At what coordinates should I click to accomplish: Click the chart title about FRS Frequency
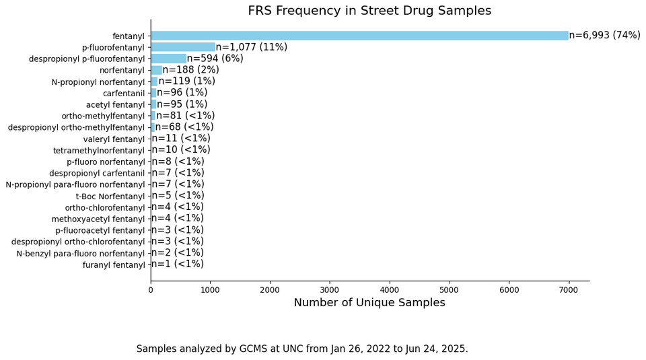coord(369,11)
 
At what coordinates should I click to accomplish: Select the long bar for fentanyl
coord(359,36)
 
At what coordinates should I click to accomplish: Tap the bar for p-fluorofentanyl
coord(182,47)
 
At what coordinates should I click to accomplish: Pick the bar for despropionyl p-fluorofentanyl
coord(168,59)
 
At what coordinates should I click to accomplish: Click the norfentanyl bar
coord(156,70)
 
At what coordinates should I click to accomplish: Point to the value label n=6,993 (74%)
coord(604,36)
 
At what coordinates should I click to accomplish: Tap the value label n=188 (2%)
coord(190,70)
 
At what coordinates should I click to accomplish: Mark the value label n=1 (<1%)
coord(177,264)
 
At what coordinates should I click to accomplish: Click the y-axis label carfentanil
coord(123,93)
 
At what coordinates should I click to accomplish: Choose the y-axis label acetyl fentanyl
coord(115,104)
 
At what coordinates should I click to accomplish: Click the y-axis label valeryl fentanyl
coord(114,139)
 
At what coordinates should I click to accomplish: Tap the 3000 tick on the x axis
coord(330,289)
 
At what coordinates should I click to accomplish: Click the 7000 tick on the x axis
coord(569,289)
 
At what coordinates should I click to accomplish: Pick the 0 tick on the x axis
coord(151,289)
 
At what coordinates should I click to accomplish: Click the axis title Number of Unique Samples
coord(369,303)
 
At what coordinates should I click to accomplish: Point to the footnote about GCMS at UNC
coord(302,349)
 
